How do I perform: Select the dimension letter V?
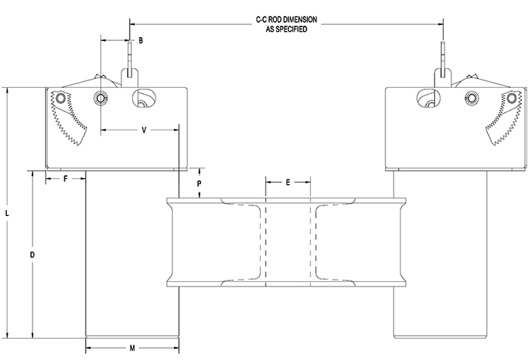[x=144, y=130]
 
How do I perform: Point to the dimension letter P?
[x=199, y=183]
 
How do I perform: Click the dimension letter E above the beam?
[x=288, y=182]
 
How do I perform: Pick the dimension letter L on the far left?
[x=7, y=214]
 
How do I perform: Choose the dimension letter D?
[x=32, y=255]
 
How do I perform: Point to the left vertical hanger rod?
[x=130, y=57]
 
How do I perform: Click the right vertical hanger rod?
[x=442, y=57]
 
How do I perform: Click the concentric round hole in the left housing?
[x=100, y=99]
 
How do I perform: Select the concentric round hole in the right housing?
[x=472, y=99]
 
